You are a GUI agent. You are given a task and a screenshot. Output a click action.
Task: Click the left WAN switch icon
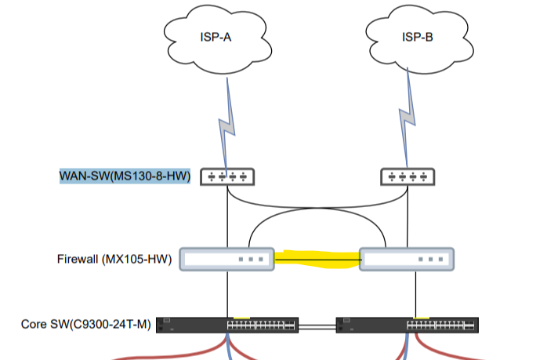226,176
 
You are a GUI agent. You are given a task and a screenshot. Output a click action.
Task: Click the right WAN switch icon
406,176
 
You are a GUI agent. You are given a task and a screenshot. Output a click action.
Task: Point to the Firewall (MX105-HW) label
114,259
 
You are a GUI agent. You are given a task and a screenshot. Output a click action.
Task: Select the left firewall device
226,260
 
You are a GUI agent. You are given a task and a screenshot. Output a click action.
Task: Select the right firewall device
406,260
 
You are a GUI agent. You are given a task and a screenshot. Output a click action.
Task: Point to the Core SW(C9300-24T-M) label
86,325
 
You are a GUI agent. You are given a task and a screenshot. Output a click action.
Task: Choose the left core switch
226,325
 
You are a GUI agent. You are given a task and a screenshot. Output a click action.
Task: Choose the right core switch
407,325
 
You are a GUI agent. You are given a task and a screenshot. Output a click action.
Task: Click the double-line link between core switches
317,325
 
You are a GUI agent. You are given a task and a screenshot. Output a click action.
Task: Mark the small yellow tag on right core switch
422,318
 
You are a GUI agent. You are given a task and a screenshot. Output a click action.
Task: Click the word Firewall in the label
78,259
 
